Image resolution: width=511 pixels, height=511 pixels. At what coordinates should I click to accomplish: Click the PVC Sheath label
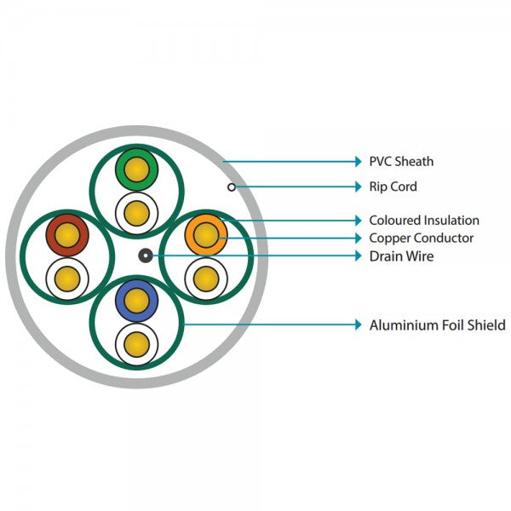click(x=401, y=161)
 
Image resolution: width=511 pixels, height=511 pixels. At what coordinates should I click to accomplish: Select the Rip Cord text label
click(x=393, y=187)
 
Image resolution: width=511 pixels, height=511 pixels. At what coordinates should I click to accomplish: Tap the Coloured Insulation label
click(x=423, y=221)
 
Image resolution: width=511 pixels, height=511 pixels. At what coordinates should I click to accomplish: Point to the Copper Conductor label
click(x=421, y=238)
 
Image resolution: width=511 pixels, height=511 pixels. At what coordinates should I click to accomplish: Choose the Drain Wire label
click(x=401, y=255)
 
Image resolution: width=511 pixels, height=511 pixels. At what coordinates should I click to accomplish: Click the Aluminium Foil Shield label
click(x=437, y=324)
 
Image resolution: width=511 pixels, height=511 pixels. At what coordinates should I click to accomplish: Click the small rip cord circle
click(x=231, y=187)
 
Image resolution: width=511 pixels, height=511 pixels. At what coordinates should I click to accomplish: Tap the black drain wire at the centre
click(x=146, y=255)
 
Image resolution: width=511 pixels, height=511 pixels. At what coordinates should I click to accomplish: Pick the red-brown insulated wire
click(x=66, y=234)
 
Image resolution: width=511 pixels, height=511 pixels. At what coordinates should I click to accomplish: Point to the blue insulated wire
click(x=135, y=300)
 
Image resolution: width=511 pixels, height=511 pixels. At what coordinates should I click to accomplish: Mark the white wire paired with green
click(x=135, y=210)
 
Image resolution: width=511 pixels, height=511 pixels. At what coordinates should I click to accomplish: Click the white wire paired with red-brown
click(x=66, y=278)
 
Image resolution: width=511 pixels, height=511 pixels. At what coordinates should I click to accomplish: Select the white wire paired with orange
click(x=205, y=277)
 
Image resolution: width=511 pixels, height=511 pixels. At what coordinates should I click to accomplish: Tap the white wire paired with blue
click(x=135, y=343)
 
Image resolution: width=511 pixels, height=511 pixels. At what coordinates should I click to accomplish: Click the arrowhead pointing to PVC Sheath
click(x=358, y=161)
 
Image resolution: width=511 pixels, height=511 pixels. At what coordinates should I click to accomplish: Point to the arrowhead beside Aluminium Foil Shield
click(x=358, y=324)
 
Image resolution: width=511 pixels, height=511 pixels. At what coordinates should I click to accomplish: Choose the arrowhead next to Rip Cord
click(x=358, y=187)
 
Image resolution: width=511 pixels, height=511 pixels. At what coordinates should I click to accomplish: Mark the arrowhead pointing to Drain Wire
click(x=358, y=255)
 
